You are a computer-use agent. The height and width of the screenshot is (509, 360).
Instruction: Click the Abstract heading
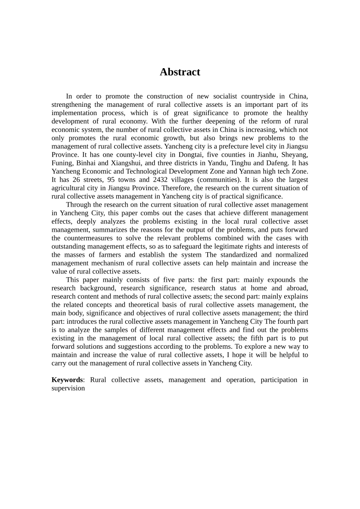coord(180,72)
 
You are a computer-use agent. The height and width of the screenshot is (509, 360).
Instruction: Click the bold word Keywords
coord(67,380)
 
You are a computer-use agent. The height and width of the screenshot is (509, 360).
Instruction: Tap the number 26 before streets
coord(76,180)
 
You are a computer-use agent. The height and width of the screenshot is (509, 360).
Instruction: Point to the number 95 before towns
coord(111,180)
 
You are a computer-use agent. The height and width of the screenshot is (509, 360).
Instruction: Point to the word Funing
coord(62,163)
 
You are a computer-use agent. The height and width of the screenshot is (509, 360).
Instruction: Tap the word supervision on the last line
coord(68,388)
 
